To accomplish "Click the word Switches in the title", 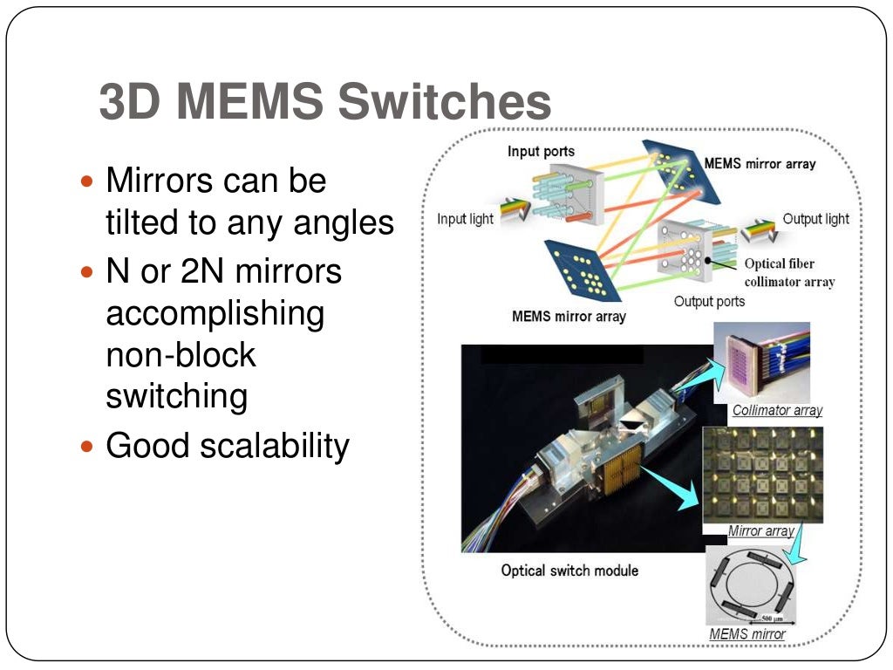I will [444, 103].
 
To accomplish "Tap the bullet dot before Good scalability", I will [85, 447].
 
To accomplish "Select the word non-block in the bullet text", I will [181, 355].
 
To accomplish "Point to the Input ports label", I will [541, 152].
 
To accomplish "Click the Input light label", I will [465, 219].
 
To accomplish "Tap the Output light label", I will [815, 219].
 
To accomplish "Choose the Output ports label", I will [709, 302].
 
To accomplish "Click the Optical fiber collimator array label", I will [789, 273].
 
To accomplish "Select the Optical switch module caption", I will [569, 571].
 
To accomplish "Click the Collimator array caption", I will [777, 410].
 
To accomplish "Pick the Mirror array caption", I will [760, 530].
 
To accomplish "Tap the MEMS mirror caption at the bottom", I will [747, 634].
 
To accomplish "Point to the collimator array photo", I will [761, 362].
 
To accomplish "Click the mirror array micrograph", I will [762, 475].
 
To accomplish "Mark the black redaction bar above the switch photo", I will [562, 354].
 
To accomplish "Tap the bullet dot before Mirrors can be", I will [85, 182].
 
